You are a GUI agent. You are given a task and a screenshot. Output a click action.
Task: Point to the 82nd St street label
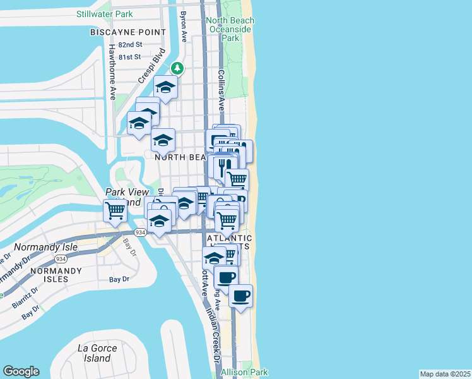(129, 44)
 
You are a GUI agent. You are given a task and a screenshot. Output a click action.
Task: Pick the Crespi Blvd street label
(151, 65)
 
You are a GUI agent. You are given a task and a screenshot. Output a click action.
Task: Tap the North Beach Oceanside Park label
(231, 29)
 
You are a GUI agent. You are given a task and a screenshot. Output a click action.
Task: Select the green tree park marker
(178, 68)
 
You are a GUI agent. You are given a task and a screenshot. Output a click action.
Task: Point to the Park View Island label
(127, 196)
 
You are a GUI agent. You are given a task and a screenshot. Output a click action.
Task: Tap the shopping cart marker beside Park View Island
(115, 210)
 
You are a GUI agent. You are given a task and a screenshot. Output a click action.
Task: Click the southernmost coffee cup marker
(240, 295)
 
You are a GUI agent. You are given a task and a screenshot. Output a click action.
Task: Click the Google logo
(21, 371)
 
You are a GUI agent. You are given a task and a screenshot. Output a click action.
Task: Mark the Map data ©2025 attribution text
(445, 374)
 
